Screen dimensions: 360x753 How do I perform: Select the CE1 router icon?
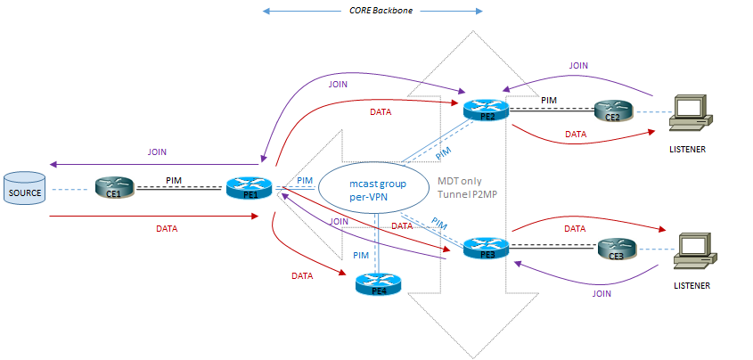tap(114, 188)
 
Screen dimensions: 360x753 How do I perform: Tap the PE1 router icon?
tap(248, 188)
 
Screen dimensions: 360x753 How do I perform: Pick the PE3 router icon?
tap(486, 247)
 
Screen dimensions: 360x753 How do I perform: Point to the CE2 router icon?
tap(615, 110)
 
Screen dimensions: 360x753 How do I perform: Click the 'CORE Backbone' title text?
tap(373, 12)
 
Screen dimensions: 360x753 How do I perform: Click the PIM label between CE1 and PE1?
tap(176, 181)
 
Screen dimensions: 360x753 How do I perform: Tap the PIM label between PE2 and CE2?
tap(549, 101)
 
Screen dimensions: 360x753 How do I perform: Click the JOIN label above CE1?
tap(156, 152)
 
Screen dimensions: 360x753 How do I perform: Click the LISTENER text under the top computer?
tap(687, 149)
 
